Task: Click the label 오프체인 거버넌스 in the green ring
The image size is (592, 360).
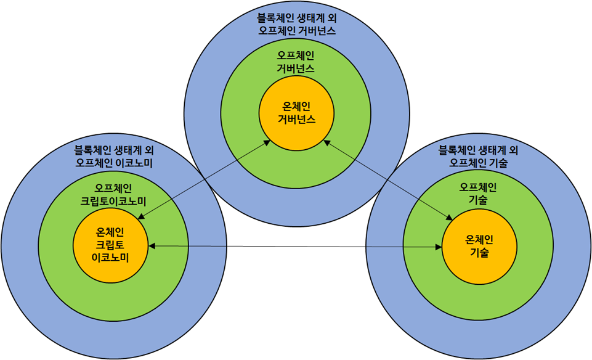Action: [x=296, y=62]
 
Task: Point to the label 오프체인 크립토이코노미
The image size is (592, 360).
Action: [x=113, y=194]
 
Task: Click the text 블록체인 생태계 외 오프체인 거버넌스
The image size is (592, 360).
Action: [x=296, y=24]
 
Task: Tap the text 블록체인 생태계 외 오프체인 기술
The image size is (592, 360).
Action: [x=478, y=157]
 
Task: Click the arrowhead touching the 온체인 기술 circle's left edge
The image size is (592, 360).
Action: [x=439, y=247]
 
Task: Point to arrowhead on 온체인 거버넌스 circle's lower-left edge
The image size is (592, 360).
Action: [x=267, y=142]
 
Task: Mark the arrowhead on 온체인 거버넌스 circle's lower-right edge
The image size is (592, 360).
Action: [x=325, y=142]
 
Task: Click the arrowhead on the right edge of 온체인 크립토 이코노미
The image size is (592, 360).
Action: [x=152, y=246]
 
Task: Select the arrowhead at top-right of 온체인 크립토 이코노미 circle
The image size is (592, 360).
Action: [x=140, y=216]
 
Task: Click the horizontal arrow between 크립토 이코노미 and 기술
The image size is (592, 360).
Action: [x=296, y=247]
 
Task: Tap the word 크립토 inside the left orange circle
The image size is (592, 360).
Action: [x=110, y=245]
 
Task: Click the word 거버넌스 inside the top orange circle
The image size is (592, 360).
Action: [x=296, y=120]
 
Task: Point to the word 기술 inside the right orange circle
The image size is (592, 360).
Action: [x=479, y=252]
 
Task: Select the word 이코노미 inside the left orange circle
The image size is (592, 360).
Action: [x=110, y=258]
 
